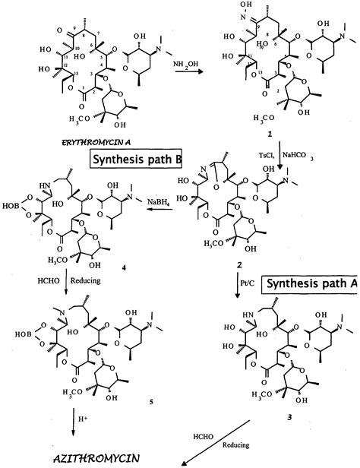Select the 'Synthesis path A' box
tap(310, 285)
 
